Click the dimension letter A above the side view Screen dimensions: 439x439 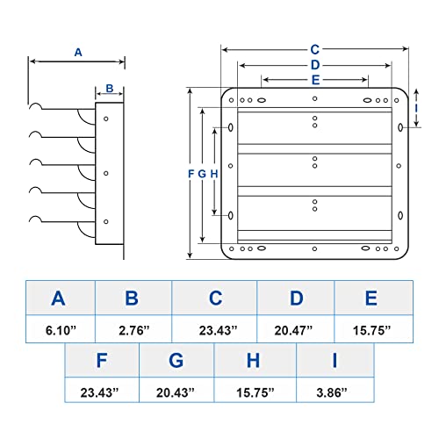78,53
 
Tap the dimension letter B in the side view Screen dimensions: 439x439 110,88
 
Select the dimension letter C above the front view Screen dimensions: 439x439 315,50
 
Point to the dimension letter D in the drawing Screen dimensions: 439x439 315,65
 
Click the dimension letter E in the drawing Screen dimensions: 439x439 315,80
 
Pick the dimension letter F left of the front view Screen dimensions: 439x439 191,174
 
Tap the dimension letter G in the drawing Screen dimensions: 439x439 202,174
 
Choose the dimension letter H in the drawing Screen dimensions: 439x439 214,174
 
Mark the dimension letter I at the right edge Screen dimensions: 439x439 416,109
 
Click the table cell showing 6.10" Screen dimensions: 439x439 61,329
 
